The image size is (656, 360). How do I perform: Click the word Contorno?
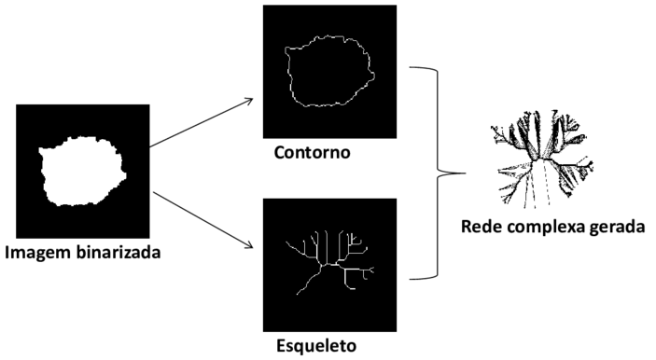click(x=312, y=151)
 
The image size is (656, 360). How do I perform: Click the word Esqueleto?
click(x=316, y=346)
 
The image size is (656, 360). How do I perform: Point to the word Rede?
click(x=482, y=226)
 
